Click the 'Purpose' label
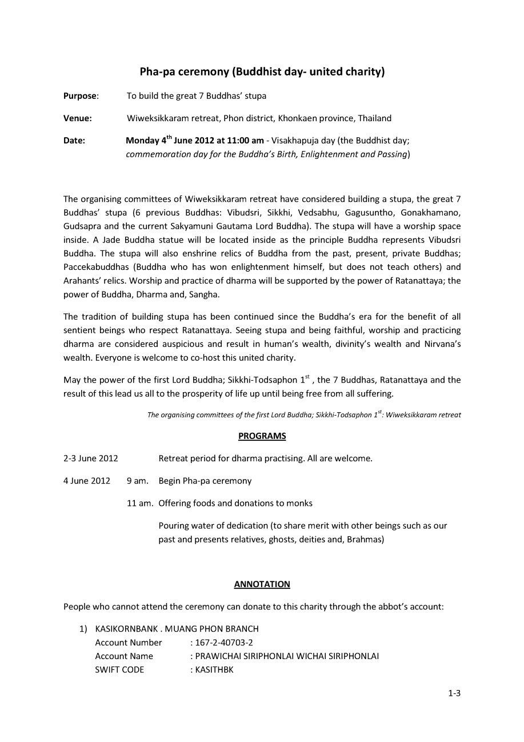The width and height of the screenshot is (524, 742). (x=80, y=96)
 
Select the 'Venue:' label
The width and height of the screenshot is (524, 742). (x=78, y=118)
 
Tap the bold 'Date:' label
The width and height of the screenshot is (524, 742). (x=74, y=141)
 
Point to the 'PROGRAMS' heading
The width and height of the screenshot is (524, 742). (x=262, y=436)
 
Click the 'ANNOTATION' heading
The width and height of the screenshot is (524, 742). (x=262, y=584)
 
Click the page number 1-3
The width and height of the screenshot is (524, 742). (x=454, y=693)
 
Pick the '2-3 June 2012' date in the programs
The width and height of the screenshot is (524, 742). (x=91, y=458)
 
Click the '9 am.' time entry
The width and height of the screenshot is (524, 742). (x=138, y=481)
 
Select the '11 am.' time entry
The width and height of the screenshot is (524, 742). (x=140, y=503)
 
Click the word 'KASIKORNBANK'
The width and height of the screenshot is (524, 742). (x=128, y=629)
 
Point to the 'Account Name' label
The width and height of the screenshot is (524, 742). (x=124, y=656)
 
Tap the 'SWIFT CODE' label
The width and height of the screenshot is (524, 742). (x=119, y=670)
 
